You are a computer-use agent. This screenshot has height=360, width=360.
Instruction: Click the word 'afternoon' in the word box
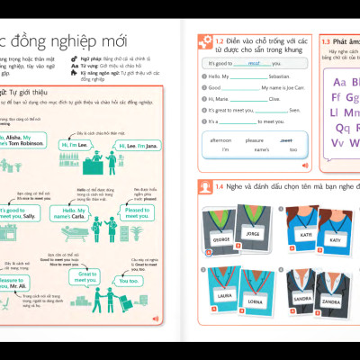pyautogui.click(x=220, y=140)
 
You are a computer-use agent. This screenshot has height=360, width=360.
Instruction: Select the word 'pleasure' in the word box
pyautogui.click(x=255, y=140)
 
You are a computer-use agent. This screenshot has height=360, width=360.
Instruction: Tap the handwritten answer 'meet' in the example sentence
pyautogui.click(x=255, y=64)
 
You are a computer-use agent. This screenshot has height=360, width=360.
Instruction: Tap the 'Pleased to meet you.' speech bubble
pyautogui.click(x=137, y=213)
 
